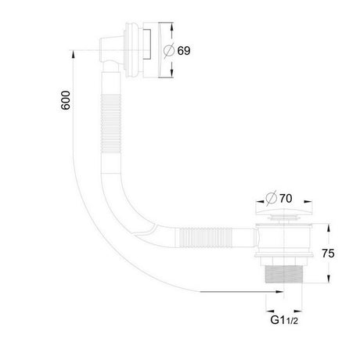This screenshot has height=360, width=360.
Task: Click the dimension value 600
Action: (x=66, y=100)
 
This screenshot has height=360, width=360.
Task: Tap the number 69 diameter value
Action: (x=184, y=51)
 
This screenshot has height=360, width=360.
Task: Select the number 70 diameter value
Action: (x=286, y=199)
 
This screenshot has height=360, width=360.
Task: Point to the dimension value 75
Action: (x=328, y=254)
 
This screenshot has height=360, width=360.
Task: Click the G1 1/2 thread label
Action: (x=284, y=320)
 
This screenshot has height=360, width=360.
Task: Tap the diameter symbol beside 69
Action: (x=169, y=51)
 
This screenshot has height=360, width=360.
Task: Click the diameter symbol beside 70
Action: (x=272, y=199)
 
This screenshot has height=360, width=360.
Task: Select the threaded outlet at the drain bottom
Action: (x=283, y=274)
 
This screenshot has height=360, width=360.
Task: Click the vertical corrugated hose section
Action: (x=111, y=124)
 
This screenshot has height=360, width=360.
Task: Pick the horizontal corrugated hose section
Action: (x=203, y=237)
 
